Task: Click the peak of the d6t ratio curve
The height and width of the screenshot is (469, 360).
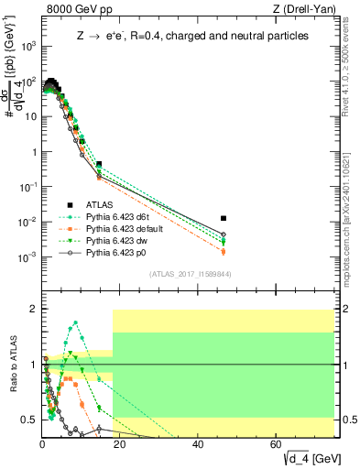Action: coord(75,322)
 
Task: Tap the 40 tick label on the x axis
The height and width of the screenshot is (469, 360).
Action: coord(198,444)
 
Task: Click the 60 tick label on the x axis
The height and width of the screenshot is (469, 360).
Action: coord(276,444)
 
